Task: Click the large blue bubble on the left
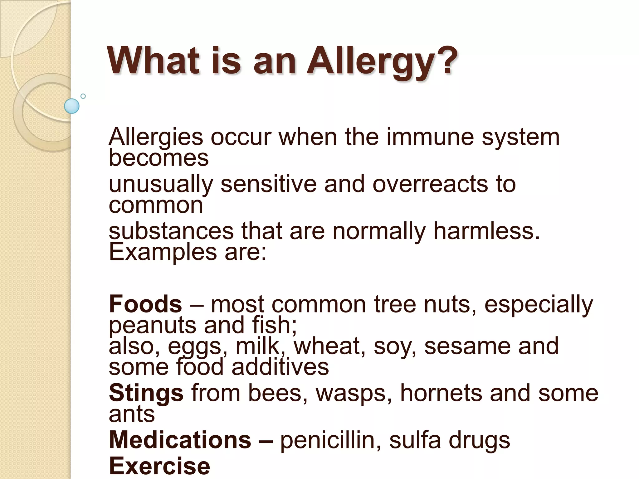72,106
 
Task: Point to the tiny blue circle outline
83,96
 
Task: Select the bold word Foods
145,304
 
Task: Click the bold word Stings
146,393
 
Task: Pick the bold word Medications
180,440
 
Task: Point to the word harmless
486,231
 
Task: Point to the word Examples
163,252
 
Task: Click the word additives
280,367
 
